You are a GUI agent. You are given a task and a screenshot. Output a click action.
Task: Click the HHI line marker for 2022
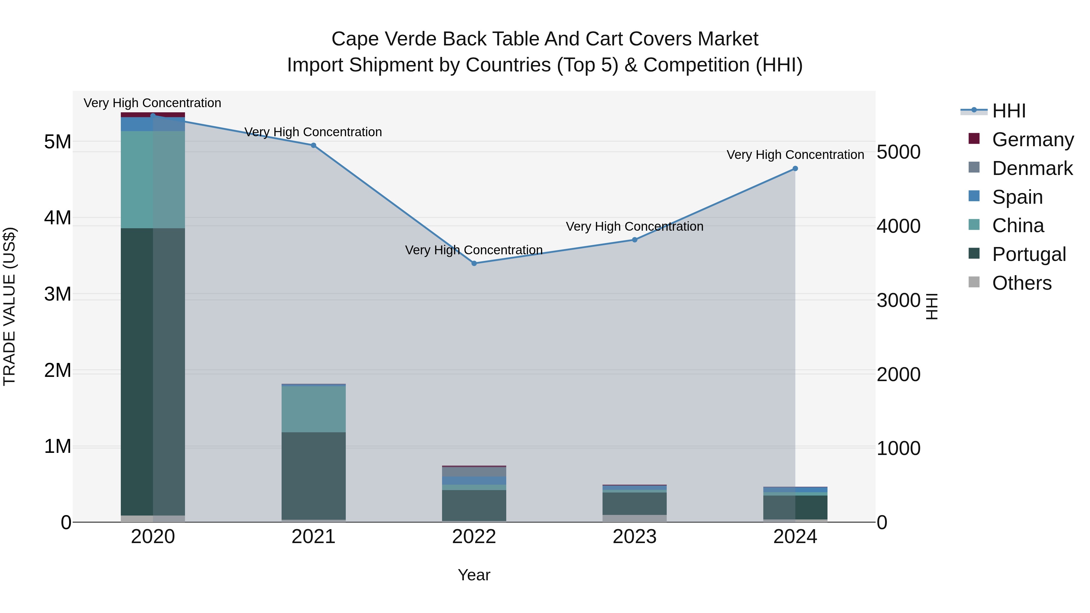pos(474,263)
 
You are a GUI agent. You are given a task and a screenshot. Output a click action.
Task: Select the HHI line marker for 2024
pos(795,168)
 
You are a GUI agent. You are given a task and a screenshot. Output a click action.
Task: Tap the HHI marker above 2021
pos(314,145)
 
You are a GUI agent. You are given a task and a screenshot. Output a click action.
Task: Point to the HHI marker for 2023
pos(635,240)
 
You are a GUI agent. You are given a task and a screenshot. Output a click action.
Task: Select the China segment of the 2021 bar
pos(314,409)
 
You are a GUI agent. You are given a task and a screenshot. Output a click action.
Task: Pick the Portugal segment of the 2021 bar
pos(314,476)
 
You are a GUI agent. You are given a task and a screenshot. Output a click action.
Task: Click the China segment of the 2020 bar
pos(153,180)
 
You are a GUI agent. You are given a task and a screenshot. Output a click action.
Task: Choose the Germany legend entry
pos(1032,140)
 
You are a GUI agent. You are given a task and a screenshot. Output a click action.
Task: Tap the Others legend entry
pos(1022,283)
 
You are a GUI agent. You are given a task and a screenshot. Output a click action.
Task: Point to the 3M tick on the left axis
pos(58,294)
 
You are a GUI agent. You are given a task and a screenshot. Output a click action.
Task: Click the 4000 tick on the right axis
pos(898,226)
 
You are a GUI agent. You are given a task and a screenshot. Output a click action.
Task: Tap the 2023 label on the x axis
pos(635,537)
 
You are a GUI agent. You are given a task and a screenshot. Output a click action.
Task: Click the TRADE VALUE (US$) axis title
pos(9,306)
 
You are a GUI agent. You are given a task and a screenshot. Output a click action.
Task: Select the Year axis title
pos(474,575)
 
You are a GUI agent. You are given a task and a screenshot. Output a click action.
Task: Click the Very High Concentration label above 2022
pos(474,250)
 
